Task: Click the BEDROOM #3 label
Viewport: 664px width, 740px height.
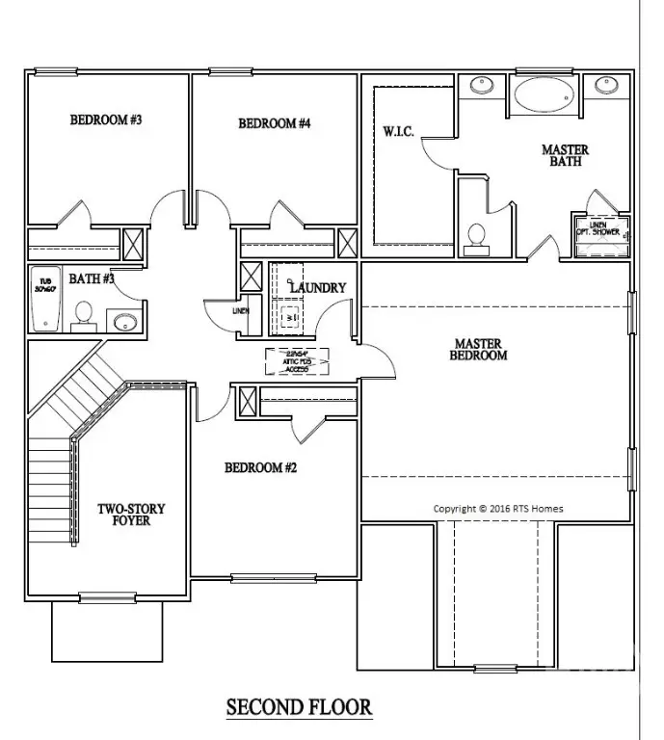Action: [106, 120]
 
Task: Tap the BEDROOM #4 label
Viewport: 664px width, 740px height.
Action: [275, 123]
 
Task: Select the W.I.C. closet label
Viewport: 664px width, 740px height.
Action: [399, 132]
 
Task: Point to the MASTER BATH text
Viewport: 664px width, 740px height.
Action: [565, 156]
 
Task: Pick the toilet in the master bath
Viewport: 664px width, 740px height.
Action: [476, 237]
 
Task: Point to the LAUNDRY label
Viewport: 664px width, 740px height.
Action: [318, 287]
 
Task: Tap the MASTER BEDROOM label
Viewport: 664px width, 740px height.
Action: [480, 349]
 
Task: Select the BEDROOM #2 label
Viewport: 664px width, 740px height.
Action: [260, 468]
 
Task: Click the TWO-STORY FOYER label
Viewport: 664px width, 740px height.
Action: [131, 515]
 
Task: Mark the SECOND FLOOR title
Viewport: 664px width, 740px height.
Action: [299, 707]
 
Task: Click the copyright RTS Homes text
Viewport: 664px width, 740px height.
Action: [498, 509]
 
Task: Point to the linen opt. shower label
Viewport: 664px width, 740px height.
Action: [598, 229]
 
